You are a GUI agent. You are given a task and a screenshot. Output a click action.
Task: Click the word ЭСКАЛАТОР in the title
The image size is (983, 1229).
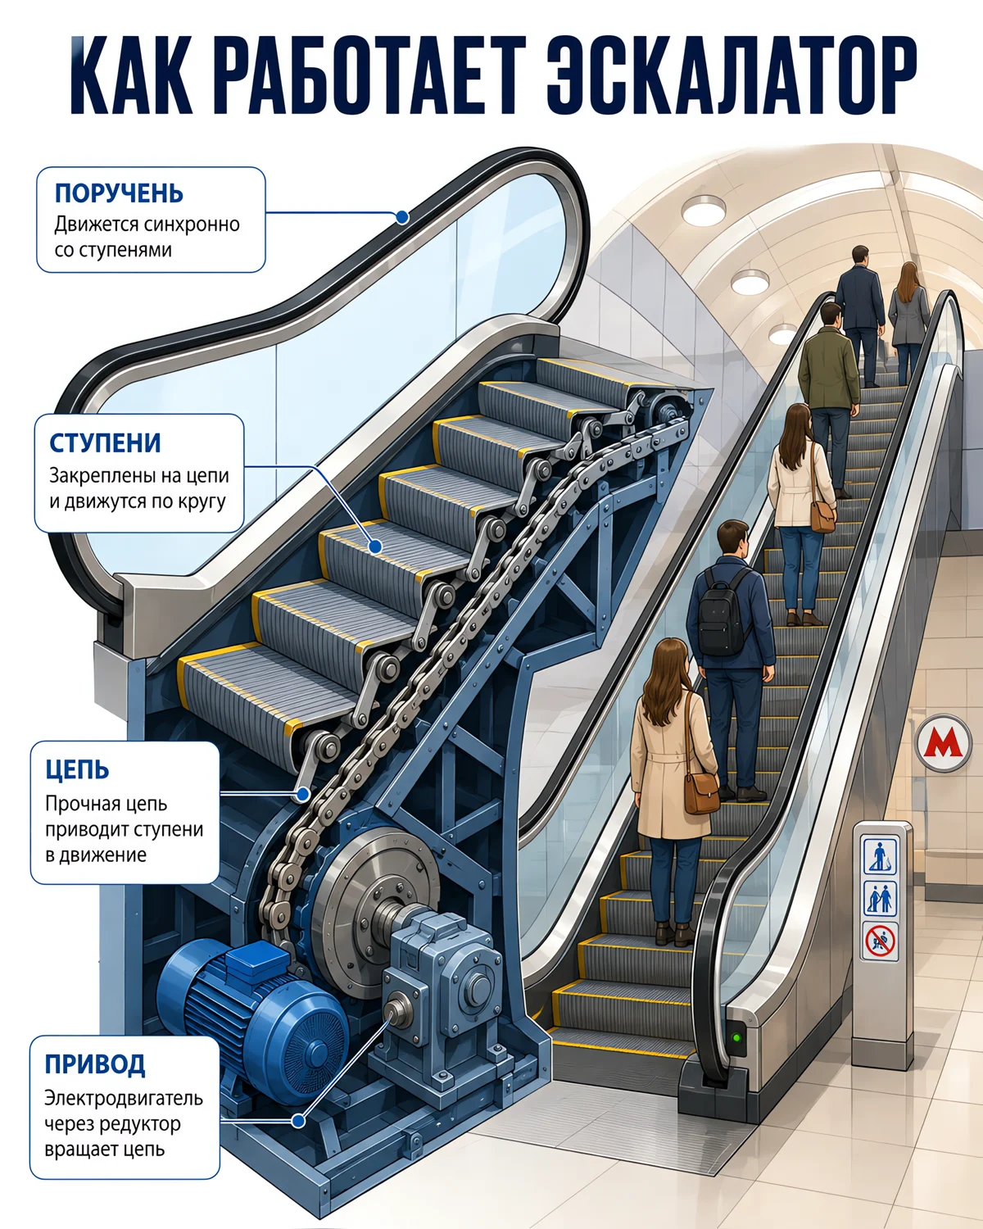click(x=732, y=76)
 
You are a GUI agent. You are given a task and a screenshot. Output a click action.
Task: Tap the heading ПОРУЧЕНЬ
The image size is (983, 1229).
click(x=119, y=193)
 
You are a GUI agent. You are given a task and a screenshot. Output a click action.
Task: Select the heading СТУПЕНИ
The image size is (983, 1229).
click(x=105, y=443)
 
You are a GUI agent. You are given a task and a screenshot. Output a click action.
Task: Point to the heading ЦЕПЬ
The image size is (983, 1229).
click(x=77, y=770)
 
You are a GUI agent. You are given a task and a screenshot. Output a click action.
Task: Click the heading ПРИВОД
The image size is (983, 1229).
click(x=95, y=1064)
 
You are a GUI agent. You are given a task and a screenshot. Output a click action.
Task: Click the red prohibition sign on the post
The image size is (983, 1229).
click(x=880, y=941)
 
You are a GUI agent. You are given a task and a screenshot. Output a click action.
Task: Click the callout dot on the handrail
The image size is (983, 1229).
click(x=402, y=217)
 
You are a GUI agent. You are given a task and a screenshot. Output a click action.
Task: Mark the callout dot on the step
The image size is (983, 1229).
click(x=374, y=546)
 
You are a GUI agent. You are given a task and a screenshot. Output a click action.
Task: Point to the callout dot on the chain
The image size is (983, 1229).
click(x=303, y=794)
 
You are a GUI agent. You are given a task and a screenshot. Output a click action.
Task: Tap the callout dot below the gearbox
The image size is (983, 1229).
click(x=298, y=1121)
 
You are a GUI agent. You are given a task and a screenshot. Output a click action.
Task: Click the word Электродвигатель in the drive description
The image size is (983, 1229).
click(x=124, y=1098)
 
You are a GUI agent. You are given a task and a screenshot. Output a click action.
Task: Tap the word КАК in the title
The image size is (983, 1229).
click(x=131, y=76)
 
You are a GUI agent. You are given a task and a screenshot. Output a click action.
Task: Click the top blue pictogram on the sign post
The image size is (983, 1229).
click(x=880, y=855)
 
